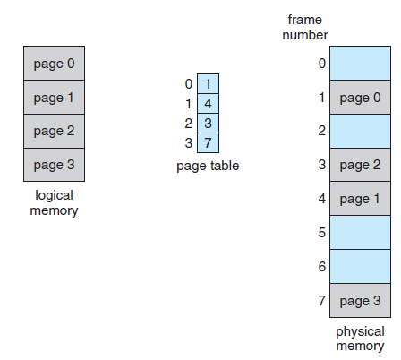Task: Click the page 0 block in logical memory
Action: pos(54,64)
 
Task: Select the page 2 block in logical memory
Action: pos(54,131)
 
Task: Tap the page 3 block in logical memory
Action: pos(54,165)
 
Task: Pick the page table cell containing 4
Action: pos(208,104)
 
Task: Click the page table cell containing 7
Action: pos(208,142)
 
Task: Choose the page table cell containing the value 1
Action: pos(208,84)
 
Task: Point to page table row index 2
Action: pos(188,124)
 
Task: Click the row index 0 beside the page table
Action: pos(189,84)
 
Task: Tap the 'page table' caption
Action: pos(208,166)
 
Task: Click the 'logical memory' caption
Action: pos(54,203)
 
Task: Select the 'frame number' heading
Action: pos(305,28)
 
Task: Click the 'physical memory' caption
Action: pos(360,339)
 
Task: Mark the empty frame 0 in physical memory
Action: pos(360,64)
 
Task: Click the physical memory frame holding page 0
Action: pos(360,98)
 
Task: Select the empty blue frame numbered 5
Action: pos(360,233)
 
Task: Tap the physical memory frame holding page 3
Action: pos(360,301)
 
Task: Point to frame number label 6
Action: pos(321,267)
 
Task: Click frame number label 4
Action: pos(321,199)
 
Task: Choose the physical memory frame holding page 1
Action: pos(360,199)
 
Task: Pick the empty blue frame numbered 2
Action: pos(360,131)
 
